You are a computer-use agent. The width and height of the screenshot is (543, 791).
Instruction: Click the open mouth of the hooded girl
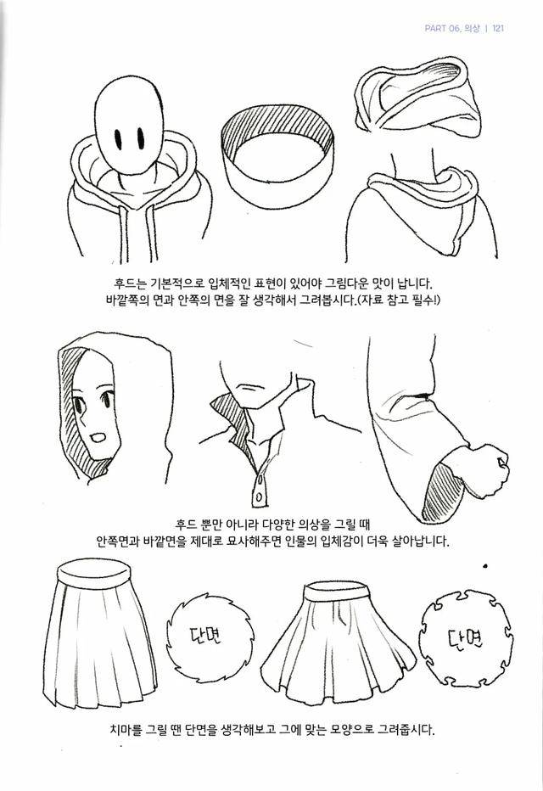(98, 437)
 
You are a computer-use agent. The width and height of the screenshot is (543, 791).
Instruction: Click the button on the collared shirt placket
(259, 496)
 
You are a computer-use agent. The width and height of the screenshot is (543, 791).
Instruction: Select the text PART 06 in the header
(442, 28)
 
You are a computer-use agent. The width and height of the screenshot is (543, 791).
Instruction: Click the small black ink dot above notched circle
(485, 565)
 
